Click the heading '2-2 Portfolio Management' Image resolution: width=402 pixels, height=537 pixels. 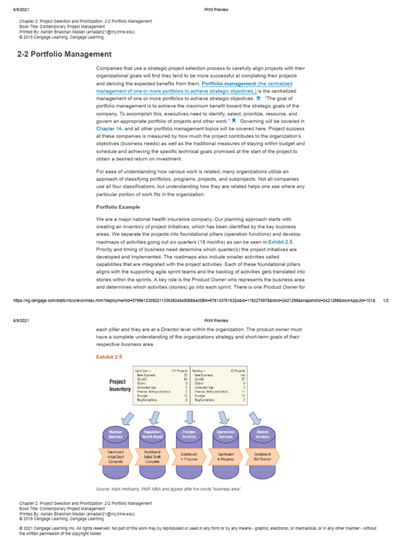[x=64, y=54]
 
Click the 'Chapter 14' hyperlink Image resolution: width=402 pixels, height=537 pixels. [x=109, y=128]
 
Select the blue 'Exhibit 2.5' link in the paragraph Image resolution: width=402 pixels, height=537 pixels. [x=281, y=242]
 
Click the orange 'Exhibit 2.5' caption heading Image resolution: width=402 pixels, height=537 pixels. [x=109, y=357]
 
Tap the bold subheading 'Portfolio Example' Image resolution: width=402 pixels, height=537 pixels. [x=118, y=207]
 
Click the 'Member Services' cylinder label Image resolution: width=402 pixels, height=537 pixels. [x=116, y=435]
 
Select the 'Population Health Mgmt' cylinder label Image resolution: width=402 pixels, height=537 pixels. [x=152, y=435]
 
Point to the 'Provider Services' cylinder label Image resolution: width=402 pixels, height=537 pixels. [x=189, y=435]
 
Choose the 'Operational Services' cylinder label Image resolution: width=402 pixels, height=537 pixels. [x=226, y=435]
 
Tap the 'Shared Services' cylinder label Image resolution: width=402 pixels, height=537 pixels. [x=262, y=435]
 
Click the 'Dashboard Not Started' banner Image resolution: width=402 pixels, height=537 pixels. [x=262, y=456]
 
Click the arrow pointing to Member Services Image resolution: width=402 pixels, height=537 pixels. [x=128, y=418]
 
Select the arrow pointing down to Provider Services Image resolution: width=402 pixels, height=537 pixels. [x=189, y=417]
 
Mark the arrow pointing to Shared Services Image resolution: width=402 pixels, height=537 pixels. [x=255, y=417]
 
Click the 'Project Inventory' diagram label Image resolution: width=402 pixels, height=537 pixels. [x=120, y=385]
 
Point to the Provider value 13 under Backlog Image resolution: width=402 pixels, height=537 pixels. [x=243, y=395]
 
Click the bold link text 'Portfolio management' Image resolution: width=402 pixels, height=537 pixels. [x=229, y=84]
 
